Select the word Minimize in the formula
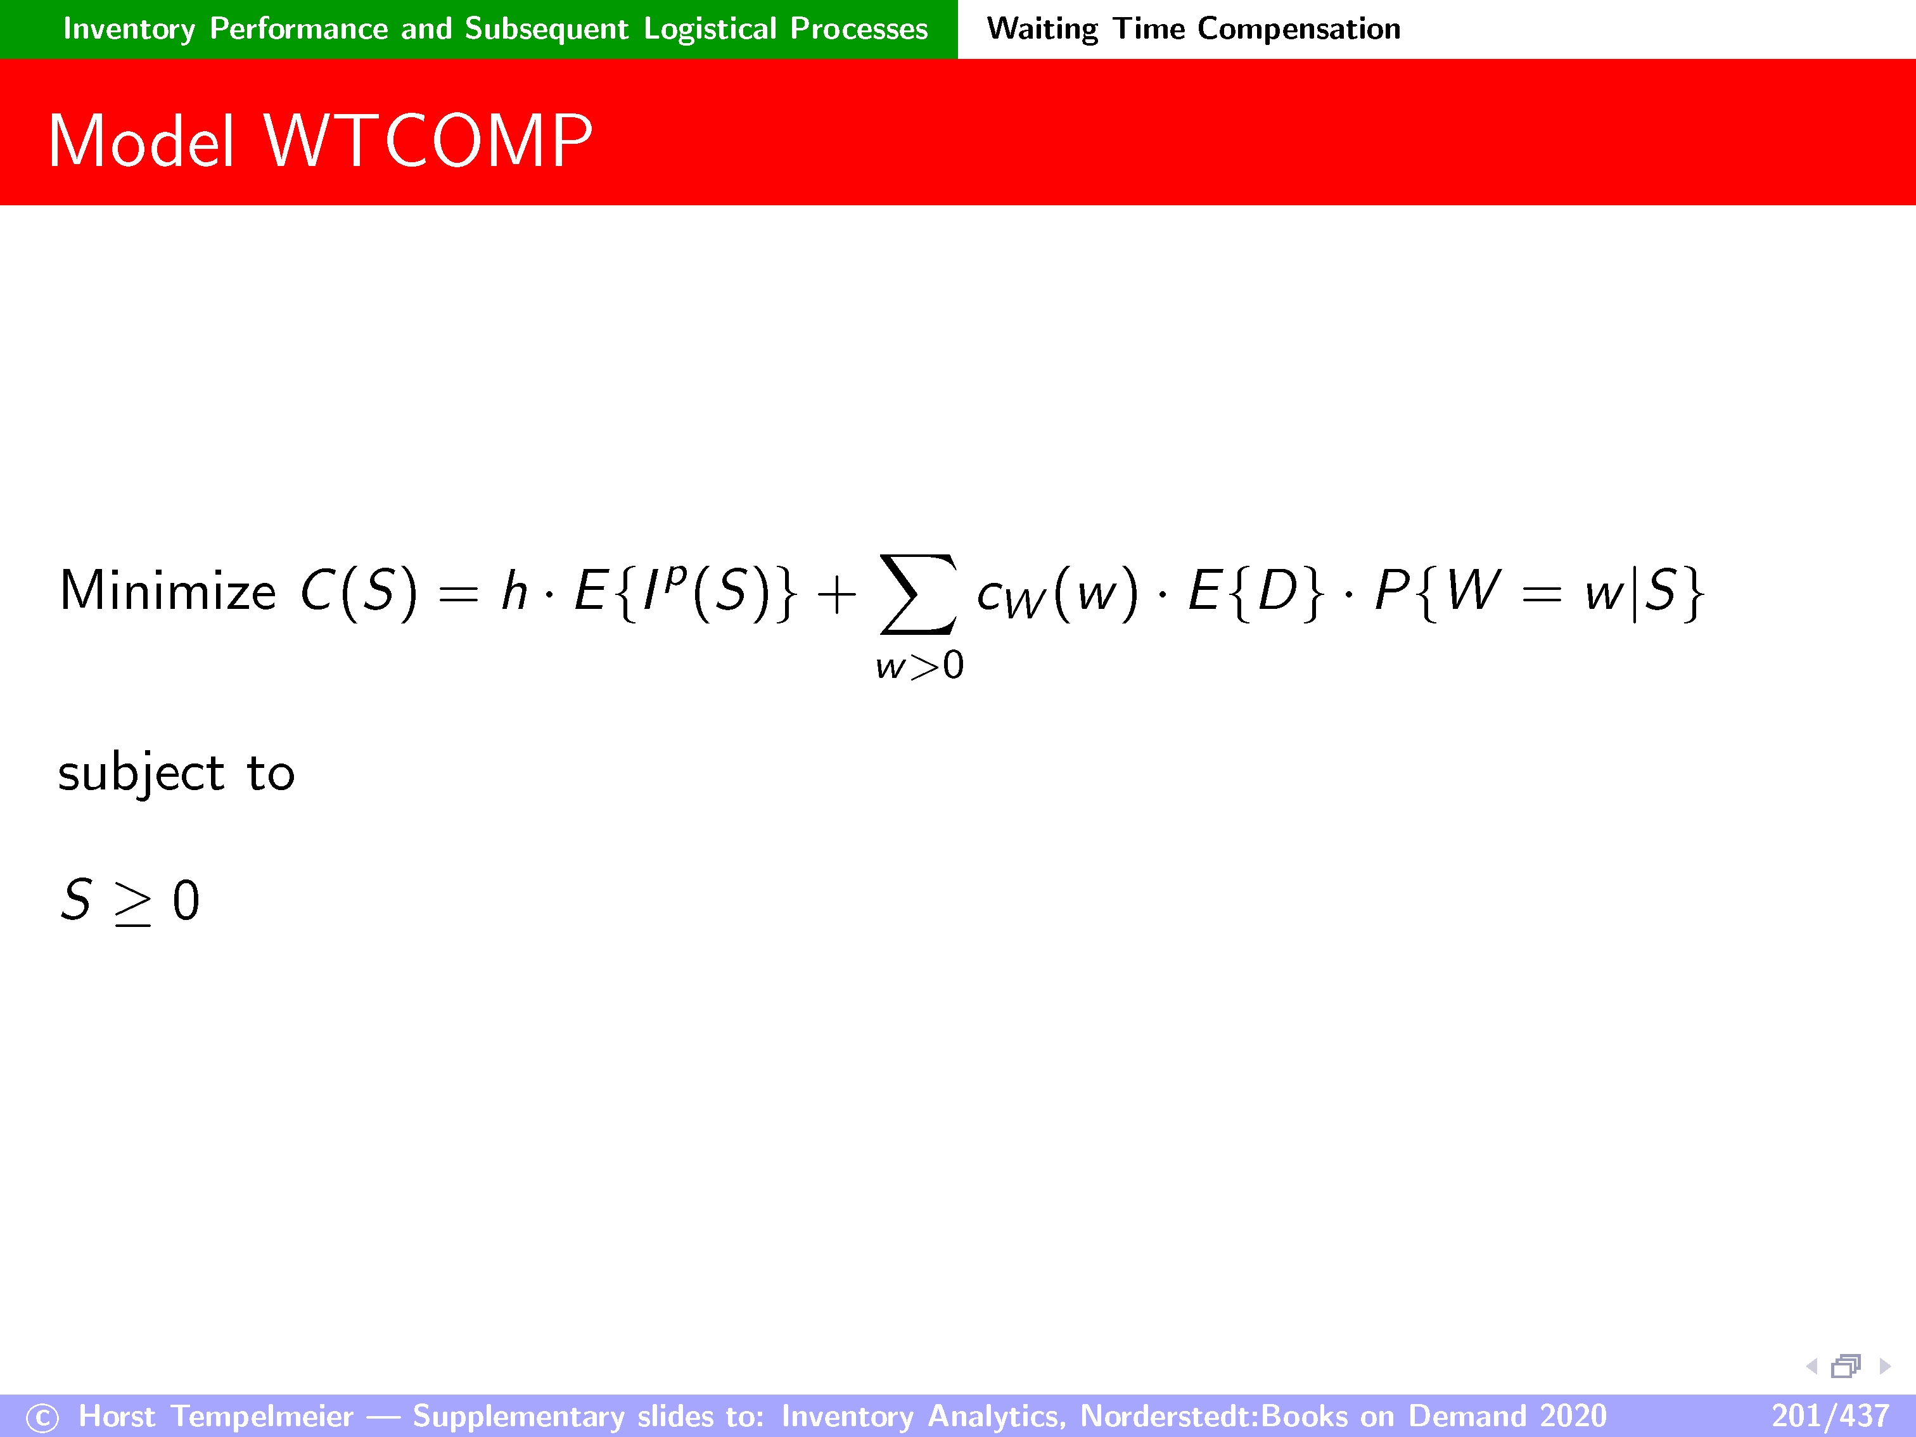click(x=168, y=592)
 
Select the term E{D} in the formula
click(x=1256, y=592)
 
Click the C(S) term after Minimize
click(x=359, y=592)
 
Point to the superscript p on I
click(x=677, y=576)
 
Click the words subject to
click(x=177, y=772)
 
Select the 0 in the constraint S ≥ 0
click(x=186, y=901)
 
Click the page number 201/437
click(x=1829, y=1416)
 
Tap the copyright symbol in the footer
click(x=42, y=1418)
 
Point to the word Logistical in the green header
click(x=710, y=29)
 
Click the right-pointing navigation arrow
click(x=1884, y=1366)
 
